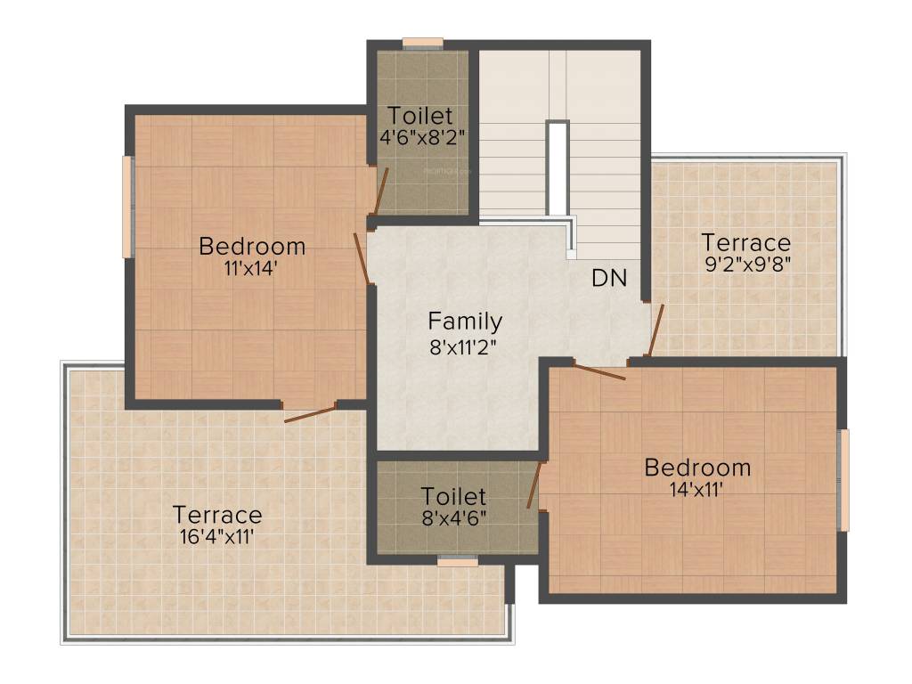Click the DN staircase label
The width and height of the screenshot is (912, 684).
tap(609, 278)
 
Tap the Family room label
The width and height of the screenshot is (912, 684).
tap(465, 321)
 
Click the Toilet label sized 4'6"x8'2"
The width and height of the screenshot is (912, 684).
tap(419, 116)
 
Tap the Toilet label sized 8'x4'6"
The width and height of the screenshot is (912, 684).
tap(453, 496)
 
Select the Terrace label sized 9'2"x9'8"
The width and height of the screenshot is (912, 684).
tap(745, 242)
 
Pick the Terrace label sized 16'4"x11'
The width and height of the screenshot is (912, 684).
tap(217, 515)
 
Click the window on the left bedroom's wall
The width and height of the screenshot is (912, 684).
tap(128, 207)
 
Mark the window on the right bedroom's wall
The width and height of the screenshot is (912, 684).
tap(844, 479)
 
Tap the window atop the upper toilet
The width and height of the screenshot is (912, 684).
tap(422, 42)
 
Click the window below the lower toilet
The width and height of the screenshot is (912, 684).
tap(458, 562)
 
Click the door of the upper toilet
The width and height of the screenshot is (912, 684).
tap(380, 191)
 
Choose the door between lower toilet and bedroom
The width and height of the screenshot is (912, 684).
tap(534, 485)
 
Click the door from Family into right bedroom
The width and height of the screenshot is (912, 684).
tap(599, 371)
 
